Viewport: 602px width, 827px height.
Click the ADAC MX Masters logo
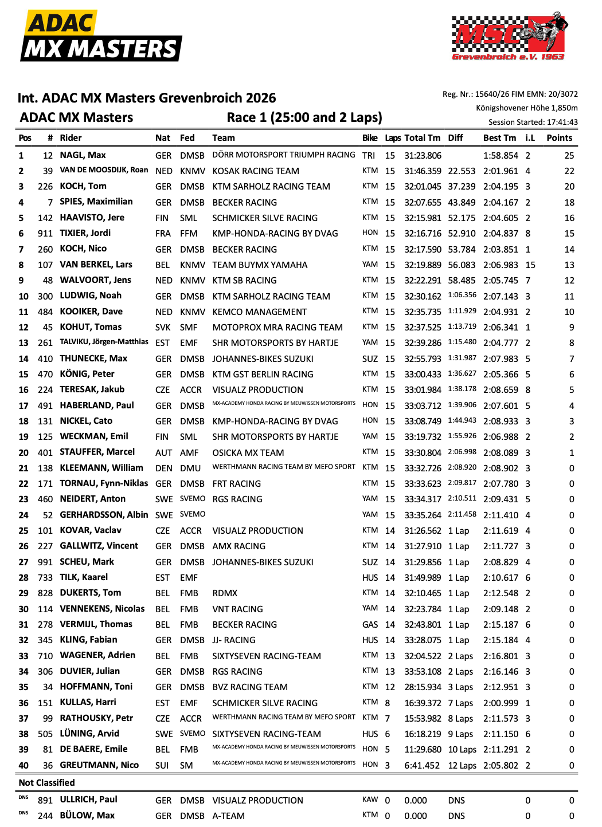pos(101,36)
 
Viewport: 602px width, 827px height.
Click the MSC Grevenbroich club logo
pos(510,36)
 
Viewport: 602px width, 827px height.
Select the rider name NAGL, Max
pos(83,155)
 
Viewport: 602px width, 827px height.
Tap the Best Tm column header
pos(499,138)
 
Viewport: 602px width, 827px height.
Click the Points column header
pos(559,138)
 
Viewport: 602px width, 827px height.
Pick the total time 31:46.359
pos(423,171)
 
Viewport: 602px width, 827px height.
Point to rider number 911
pos(45,234)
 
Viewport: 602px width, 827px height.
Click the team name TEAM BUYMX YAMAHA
pos(260,265)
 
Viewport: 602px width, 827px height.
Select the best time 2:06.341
pos(501,328)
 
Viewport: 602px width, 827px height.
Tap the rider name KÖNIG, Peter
pos(87,374)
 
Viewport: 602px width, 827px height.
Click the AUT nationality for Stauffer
pos(163,452)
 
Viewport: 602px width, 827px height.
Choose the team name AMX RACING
pos(239,546)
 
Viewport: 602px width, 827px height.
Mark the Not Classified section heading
pos(46,783)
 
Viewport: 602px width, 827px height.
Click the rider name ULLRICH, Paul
pos(88,800)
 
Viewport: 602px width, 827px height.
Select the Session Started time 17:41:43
pos(562,122)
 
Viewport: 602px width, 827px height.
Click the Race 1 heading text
pos(304,118)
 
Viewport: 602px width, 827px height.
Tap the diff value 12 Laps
pos(462,766)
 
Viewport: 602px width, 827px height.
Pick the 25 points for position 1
pos(569,155)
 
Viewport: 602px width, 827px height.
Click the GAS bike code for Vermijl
pos(370,625)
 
